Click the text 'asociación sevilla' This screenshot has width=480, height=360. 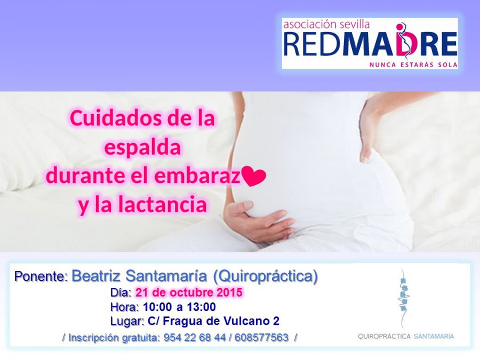[x=326, y=25]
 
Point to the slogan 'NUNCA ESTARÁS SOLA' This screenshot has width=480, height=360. [x=413, y=65]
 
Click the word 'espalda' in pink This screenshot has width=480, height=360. [x=142, y=148]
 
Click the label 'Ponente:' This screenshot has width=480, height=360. [x=41, y=276]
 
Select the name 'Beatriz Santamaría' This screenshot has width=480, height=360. [x=139, y=276]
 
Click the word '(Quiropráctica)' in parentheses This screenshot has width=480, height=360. [x=265, y=276]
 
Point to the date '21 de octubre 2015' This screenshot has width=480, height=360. [x=189, y=292]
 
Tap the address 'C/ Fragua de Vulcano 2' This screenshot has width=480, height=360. [x=213, y=321]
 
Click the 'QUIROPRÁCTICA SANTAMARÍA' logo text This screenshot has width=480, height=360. [x=406, y=337]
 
